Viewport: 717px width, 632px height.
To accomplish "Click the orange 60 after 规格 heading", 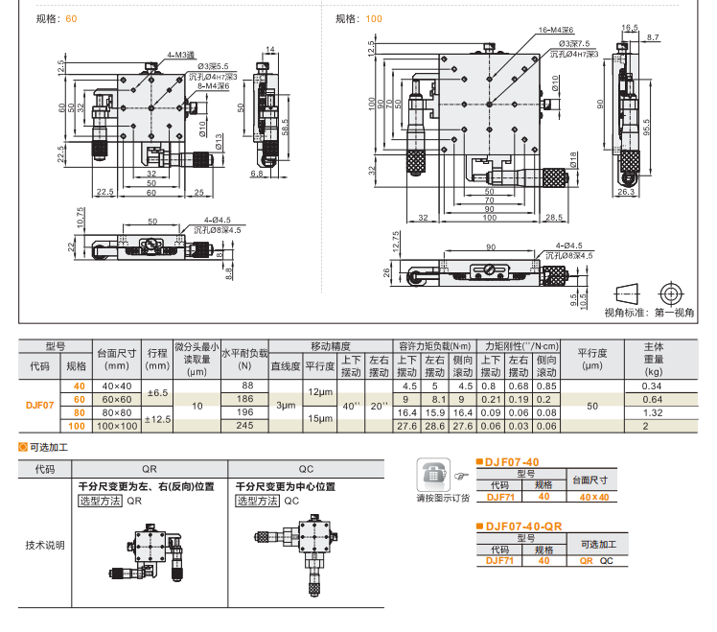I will coord(71,19).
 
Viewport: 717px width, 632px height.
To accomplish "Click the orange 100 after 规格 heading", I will coord(373,19).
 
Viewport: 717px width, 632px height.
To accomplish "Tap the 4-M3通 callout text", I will coord(180,55).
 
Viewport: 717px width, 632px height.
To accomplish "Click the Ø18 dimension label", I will coord(573,159).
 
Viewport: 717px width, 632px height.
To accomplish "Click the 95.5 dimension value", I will coord(647,126).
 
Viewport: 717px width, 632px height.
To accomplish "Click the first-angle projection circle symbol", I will coord(672,293).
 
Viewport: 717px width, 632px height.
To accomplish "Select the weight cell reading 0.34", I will coord(652,386).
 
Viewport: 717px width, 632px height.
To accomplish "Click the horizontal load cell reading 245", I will coord(244,426).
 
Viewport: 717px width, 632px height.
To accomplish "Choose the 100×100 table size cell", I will coord(117,426).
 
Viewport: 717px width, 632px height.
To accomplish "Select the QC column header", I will coord(306,470).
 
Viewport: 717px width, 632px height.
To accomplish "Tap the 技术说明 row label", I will coord(45,546).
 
